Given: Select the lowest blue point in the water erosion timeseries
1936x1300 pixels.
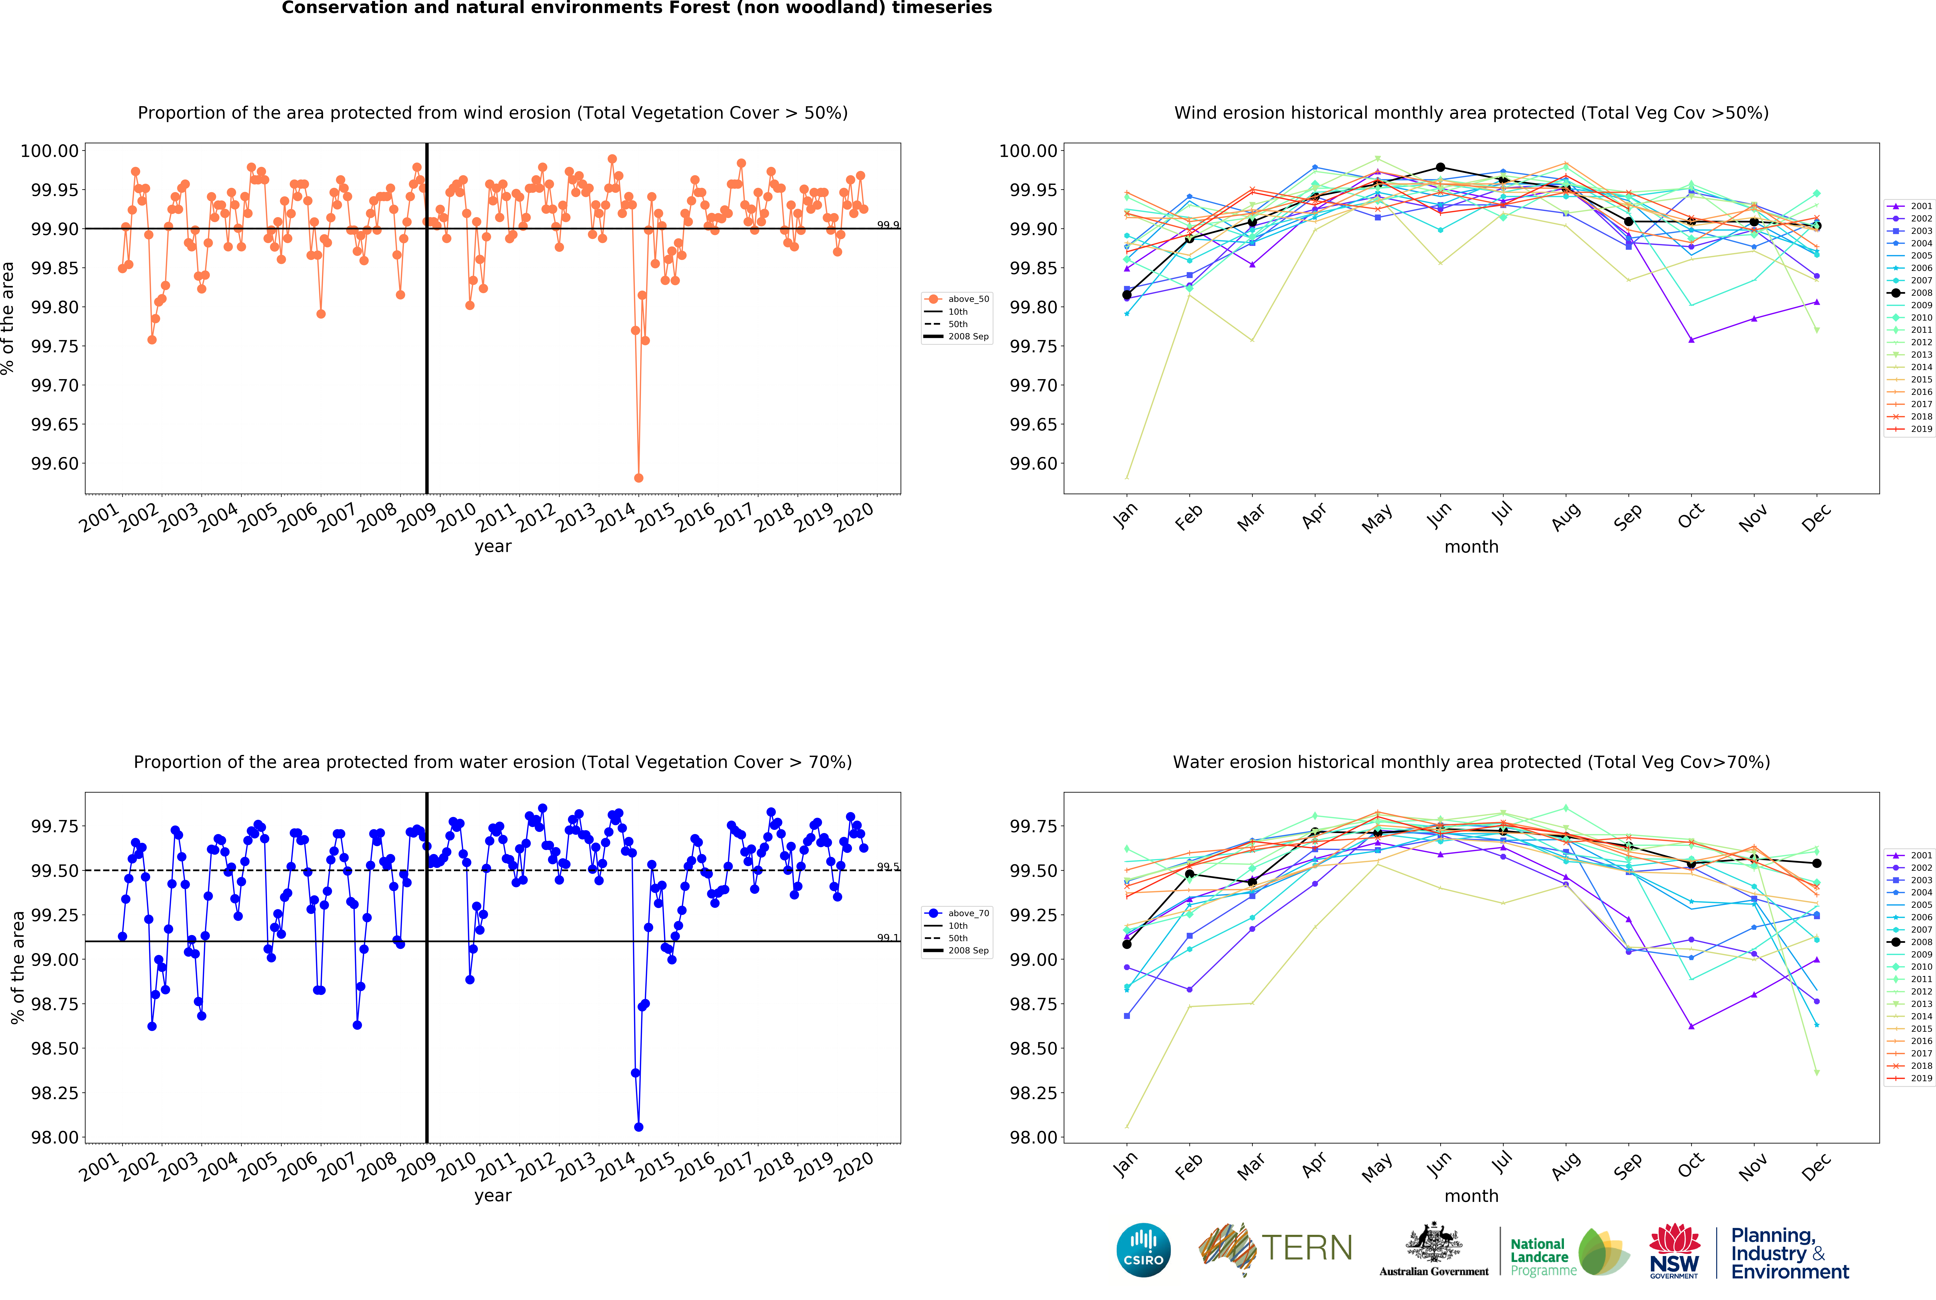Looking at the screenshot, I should (639, 1127).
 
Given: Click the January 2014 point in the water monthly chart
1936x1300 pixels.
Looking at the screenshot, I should (1126, 1127).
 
